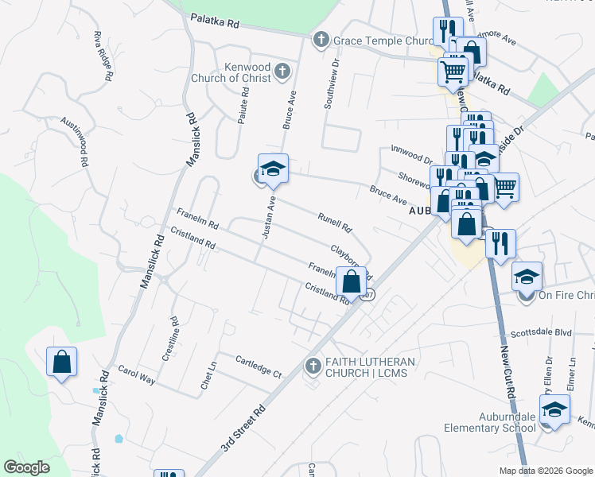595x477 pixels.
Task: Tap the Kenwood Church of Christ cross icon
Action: (x=281, y=73)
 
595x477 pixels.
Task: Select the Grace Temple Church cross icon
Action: (x=321, y=40)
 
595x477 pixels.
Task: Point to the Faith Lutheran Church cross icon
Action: (x=313, y=366)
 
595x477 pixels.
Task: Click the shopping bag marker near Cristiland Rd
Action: (x=351, y=281)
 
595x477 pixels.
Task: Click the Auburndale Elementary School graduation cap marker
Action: (x=554, y=410)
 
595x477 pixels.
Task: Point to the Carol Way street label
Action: (x=136, y=374)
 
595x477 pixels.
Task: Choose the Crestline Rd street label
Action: (x=171, y=340)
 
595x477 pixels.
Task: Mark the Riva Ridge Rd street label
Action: (x=101, y=56)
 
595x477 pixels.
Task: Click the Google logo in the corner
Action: (x=26, y=467)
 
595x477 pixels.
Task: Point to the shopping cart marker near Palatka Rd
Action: (x=453, y=71)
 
